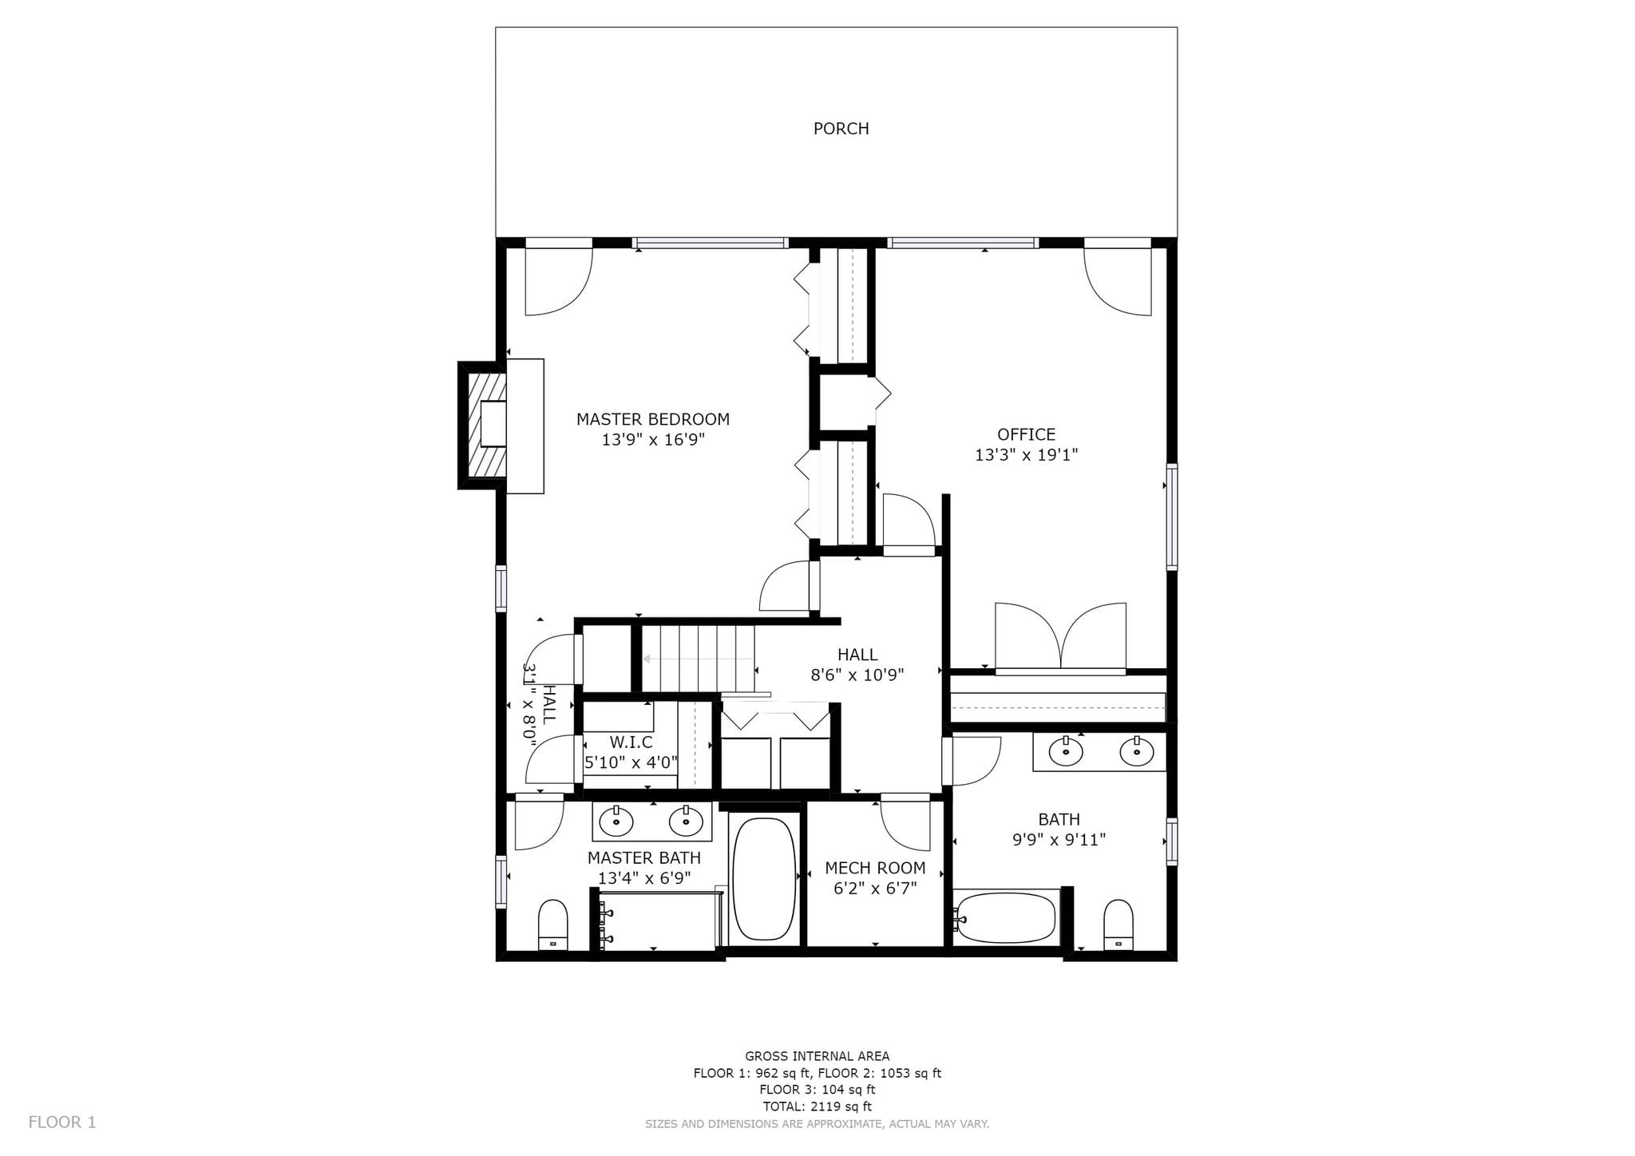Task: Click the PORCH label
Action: click(x=841, y=129)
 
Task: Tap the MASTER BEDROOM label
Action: click(x=653, y=419)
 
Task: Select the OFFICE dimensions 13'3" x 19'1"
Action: click(x=1027, y=455)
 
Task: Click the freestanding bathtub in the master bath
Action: click(x=764, y=878)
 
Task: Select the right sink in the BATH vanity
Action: click(x=1136, y=750)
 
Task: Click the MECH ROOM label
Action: click(x=875, y=868)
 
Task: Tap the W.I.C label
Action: click(x=631, y=742)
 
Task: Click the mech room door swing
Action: click(x=905, y=823)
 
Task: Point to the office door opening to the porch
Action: click(x=1118, y=282)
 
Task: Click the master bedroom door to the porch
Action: click(x=559, y=282)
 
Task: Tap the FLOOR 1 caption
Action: click(x=62, y=1122)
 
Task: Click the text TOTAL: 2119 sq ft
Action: click(x=817, y=1107)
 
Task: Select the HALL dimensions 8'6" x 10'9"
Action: click(x=857, y=675)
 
